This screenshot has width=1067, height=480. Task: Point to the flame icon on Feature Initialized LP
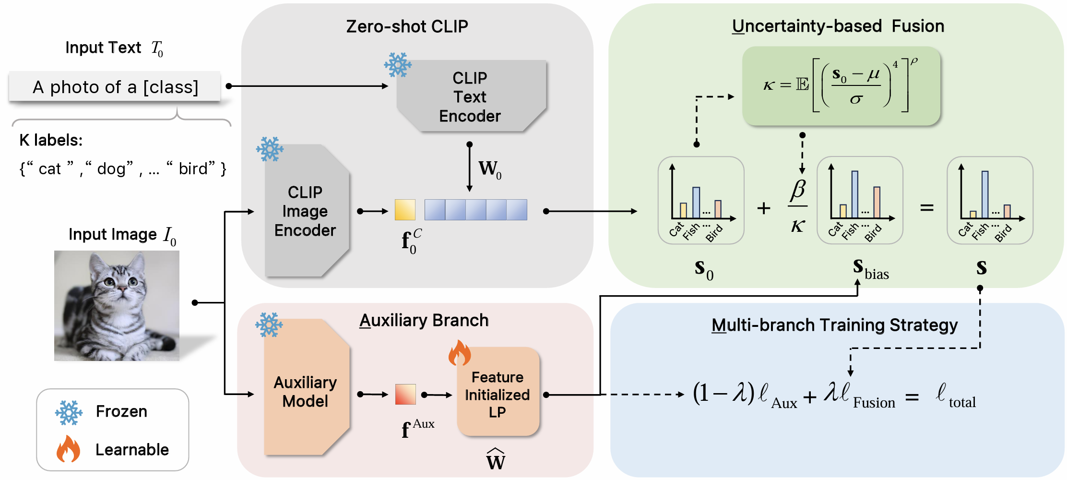point(459,353)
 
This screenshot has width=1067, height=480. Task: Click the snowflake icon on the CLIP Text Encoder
point(398,65)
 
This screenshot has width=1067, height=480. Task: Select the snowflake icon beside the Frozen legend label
point(69,412)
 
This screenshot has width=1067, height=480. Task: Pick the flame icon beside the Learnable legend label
point(68,449)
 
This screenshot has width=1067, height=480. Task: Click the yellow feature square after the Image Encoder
point(405,210)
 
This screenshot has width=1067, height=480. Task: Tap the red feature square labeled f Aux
point(405,394)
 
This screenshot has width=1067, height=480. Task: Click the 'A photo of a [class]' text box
point(115,87)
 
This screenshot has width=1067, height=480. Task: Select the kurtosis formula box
point(841,86)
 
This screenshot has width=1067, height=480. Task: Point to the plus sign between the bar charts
point(764,208)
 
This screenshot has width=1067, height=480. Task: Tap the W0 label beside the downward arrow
point(490,169)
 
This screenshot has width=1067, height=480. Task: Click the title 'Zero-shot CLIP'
point(407,26)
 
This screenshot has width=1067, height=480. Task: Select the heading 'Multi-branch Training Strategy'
point(834,325)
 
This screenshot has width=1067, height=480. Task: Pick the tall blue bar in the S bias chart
point(854,194)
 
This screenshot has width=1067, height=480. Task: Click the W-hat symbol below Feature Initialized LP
point(496,459)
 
